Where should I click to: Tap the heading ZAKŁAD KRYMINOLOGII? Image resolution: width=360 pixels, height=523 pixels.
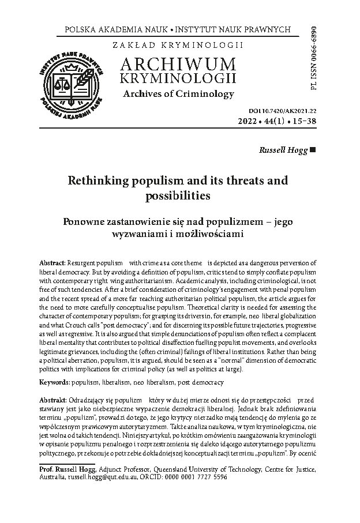click(179, 44)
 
